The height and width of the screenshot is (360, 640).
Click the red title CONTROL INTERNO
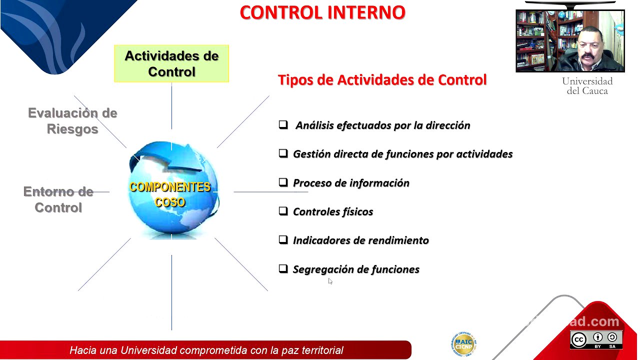click(x=322, y=13)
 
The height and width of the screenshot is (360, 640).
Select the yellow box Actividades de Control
click(x=171, y=63)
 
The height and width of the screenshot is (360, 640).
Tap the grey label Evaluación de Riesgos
click(x=72, y=121)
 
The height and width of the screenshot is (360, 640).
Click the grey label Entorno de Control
click(x=58, y=199)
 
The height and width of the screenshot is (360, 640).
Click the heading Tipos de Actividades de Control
click(x=382, y=80)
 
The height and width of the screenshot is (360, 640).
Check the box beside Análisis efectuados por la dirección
click(x=283, y=124)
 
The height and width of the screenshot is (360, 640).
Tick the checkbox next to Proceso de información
click(x=283, y=182)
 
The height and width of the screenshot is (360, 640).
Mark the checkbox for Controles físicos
click(x=283, y=211)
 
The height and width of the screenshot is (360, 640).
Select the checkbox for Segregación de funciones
click(x=283, y=269)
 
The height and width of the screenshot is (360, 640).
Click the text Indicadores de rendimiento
click(x=360, y=240)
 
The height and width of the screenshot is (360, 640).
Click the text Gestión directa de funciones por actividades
click(x=402, y=154)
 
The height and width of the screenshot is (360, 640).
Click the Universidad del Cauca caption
click(x=587, y=86)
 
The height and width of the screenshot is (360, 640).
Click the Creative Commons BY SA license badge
click(x=596, y=339)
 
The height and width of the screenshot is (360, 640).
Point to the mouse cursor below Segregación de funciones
click(x=330, y=281)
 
